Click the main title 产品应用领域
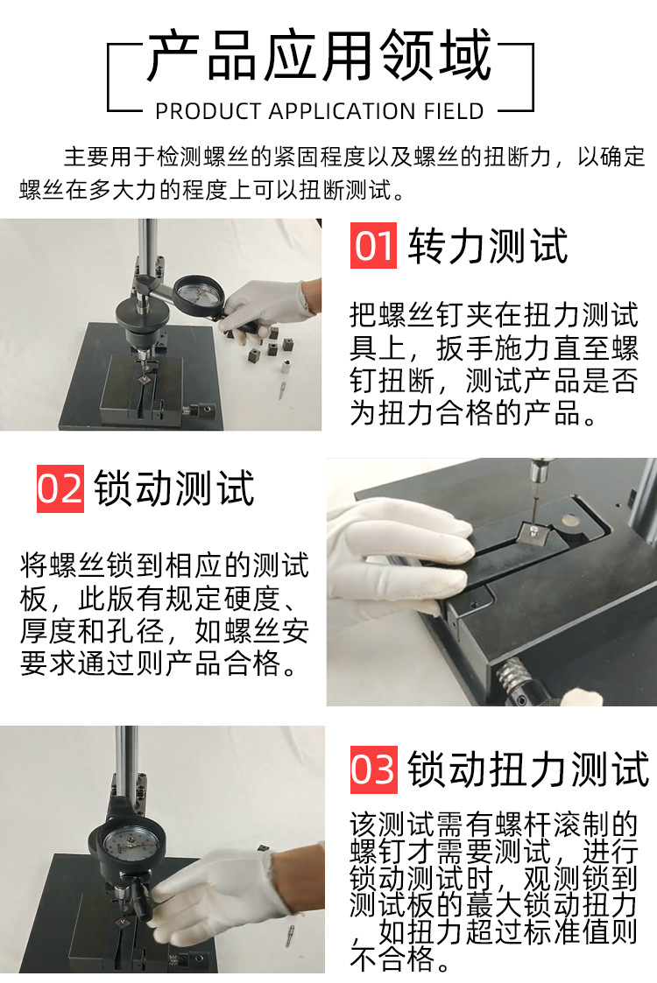click(x=320, y=60)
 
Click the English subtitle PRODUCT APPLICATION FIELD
click(x=320, y=111)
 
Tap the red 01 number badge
click(x=374, y=246)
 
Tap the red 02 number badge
click(x=60, y=488)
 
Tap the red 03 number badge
click(x=374, y=769)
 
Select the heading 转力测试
click(x=488, y=246)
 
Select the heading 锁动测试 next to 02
click(x=174, y=488)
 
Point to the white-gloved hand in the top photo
click(x=267, y=306)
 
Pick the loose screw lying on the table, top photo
click(x=286, y=384)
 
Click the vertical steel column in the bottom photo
click(x=128, y=770)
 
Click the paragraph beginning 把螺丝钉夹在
click(x=495, y=363)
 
